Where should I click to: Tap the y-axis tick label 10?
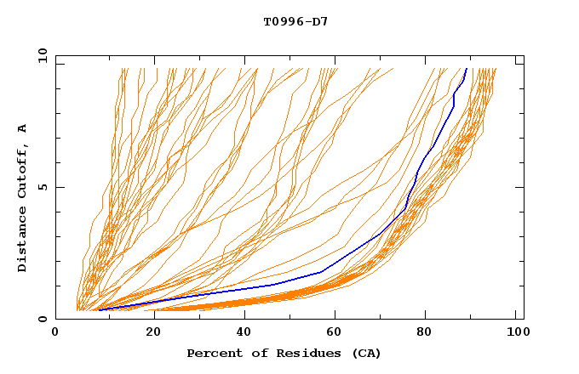[41, 55]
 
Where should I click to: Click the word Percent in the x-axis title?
[211, 353]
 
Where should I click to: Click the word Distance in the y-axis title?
[22, 242]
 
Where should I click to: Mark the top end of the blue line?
[467, 68]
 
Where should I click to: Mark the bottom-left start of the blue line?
[99, 309]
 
